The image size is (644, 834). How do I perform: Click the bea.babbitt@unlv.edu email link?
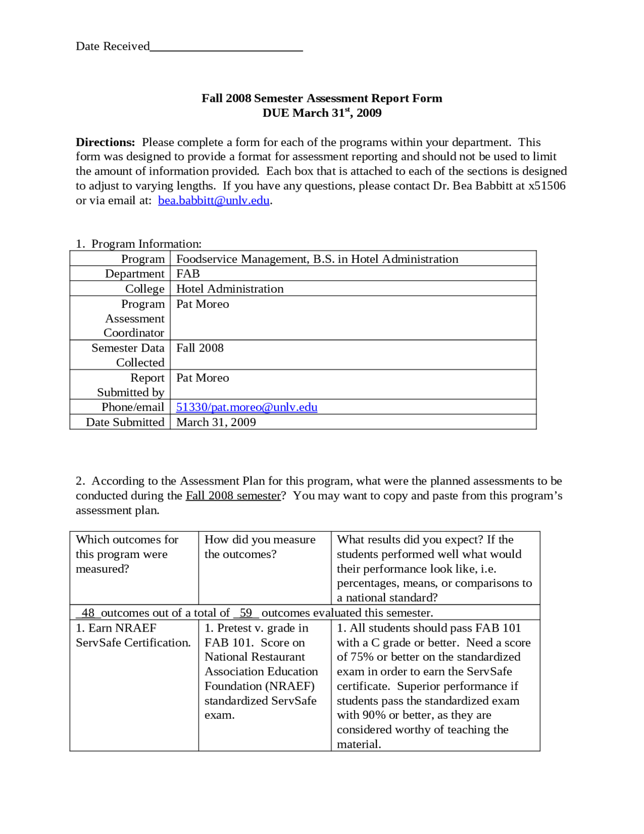(x=214, y=200)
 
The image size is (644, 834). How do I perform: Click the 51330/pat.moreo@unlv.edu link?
(x=247, y=407)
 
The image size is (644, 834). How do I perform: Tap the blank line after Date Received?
(x=226, y=47)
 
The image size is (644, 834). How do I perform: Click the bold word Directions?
(x=105, y=142)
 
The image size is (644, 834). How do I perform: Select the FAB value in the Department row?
(x=188, y=273)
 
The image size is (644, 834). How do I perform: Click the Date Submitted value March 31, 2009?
(x=216, y=422)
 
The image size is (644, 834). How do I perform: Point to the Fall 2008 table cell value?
(x=200, y=348)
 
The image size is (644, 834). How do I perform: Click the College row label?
(x=145, y=289)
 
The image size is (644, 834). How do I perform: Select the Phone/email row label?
(x=133, y=407)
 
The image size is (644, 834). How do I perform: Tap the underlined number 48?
(x=88, y=613)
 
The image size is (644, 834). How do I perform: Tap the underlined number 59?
(x=246, y=613)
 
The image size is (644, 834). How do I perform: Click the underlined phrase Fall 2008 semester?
(x=233, y=496)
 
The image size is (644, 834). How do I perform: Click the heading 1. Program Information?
(x=138, y=244)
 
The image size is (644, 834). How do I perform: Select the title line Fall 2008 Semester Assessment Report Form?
(x=322, y=98)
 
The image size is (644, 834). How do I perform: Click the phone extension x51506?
(x=546, y=186)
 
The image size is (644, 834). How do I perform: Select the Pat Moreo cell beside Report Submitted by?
(x=202, y=378)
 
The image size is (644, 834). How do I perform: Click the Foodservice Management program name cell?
(x=317, y=259)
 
